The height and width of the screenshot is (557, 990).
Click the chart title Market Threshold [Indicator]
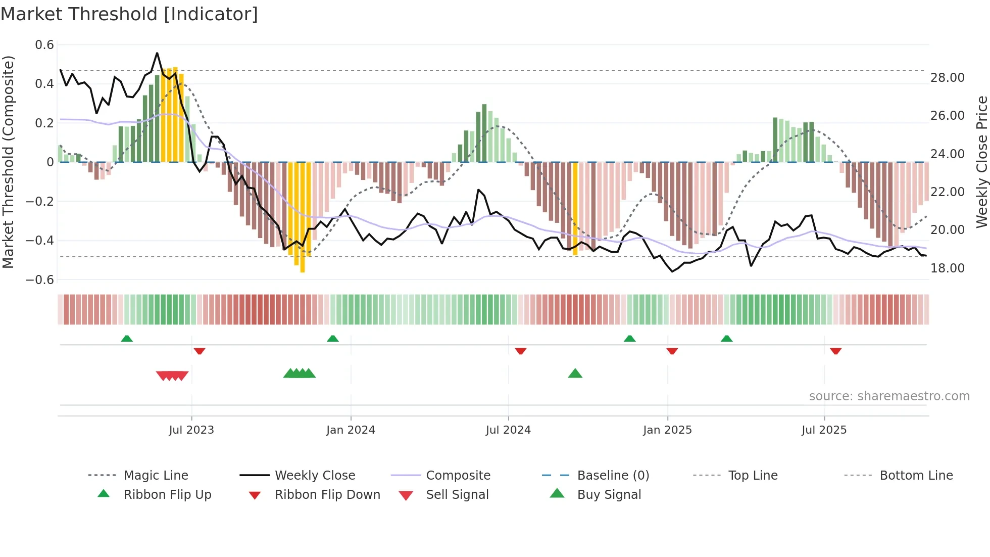129,14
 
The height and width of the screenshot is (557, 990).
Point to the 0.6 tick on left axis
44,45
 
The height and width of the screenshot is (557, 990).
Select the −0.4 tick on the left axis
40,241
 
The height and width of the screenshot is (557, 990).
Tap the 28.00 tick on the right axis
948,78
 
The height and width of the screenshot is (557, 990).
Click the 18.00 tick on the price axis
948,268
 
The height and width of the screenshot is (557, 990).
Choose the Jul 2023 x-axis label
191,430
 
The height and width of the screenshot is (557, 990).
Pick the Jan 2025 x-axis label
667,430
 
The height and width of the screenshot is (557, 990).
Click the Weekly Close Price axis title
981,162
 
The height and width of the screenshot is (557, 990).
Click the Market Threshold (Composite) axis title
8,162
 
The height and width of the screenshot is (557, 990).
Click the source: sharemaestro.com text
889,396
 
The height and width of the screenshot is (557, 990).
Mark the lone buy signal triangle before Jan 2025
575,374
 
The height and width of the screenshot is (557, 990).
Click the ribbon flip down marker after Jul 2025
835,351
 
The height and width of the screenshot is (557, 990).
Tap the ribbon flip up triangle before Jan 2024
332,339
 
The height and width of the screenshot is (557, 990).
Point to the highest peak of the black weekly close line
157,53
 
